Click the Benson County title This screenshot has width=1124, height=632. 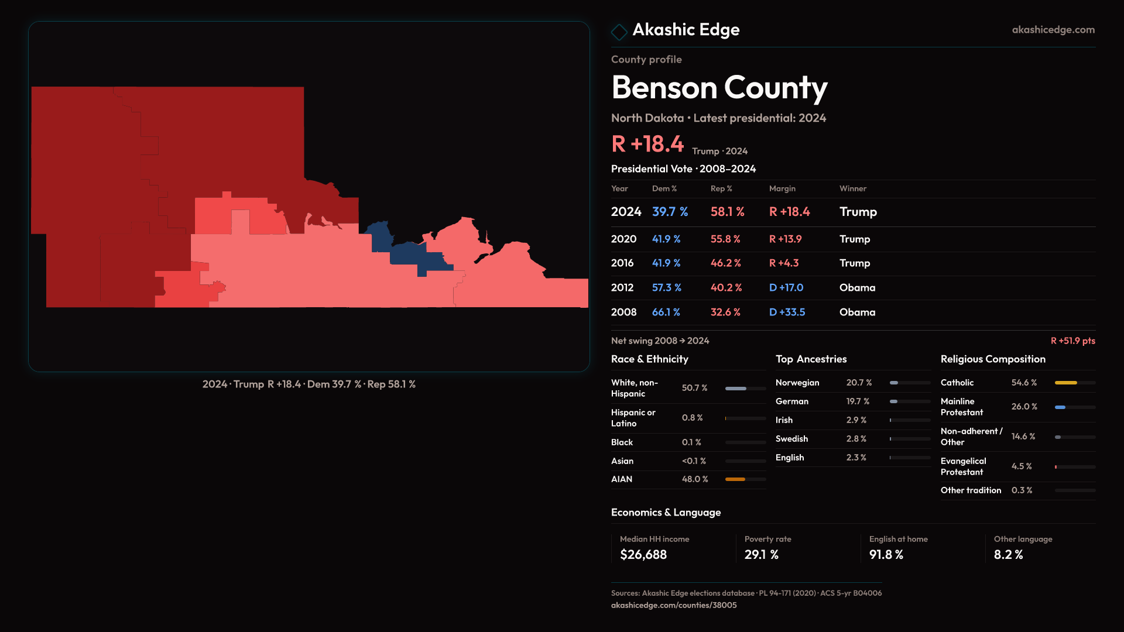pyautogui.click(x=719, y=88)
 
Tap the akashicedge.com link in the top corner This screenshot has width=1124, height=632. pyautogui.click(x=1053, y=30)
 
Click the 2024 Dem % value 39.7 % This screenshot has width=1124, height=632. pyautogui.click(x=670, y=212)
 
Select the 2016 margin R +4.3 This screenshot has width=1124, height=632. pyautogui.click(x=783, y=263)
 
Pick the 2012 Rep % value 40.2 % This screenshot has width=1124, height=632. pyautogui.click(x=726, y=288)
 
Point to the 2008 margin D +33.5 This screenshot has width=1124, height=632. pyautogui.click(x=787, y=312)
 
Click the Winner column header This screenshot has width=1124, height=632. pyautogui.click(x=852, y=188)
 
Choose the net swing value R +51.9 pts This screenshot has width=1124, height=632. pyautogui.click(x=1072, y=341)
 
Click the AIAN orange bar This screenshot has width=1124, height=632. pyautogui.click(x=735, y=479)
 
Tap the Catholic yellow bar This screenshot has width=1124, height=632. pyautogui.click(x=1065, y=383)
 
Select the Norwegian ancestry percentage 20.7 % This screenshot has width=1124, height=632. pyautogui.click(x=859, y=383)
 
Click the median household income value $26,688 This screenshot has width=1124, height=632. pyautogui.click(x=643, y=555)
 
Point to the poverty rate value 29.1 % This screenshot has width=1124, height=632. pyautogui.click(x=761, y=555)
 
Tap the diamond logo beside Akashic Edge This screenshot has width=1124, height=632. pyautogui.click(x=619, y=31)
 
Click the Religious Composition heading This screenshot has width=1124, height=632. pyautogui.click(x=992, y=359)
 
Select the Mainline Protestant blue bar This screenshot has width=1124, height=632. pyautogui.click(x=1060, y=407)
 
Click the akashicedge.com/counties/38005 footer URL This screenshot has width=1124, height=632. pyautogui.click(x=673, y=605)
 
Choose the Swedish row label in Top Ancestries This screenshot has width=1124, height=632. pyautogui.click(x=791, y=439)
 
